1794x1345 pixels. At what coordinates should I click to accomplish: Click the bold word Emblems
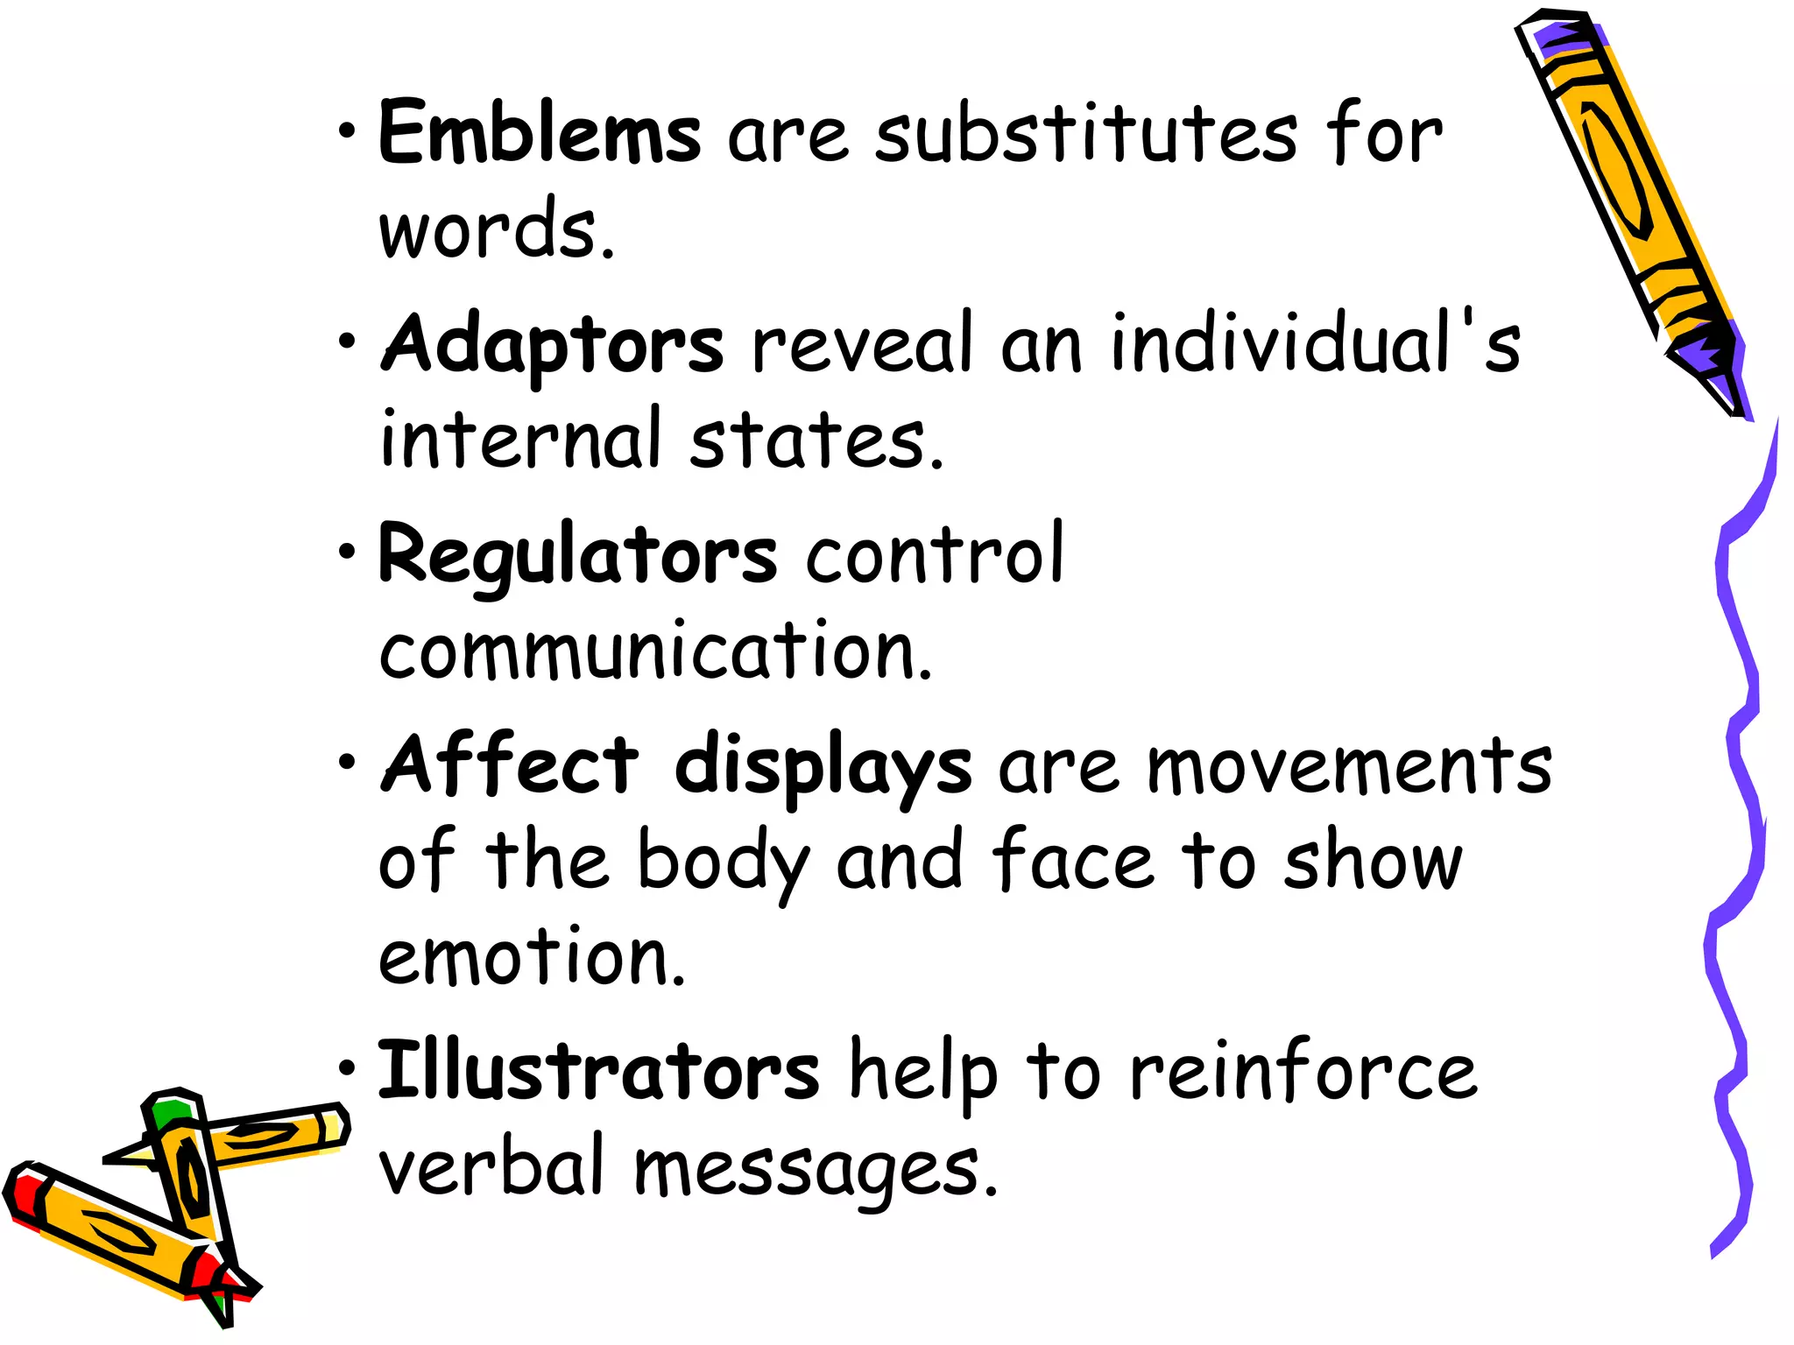[540, 133]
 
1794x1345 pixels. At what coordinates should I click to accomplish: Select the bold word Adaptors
[553, 345]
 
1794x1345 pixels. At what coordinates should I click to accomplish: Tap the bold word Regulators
[577, 555]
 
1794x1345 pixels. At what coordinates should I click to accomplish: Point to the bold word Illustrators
[598, 1072]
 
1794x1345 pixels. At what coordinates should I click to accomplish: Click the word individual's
[1315, 343]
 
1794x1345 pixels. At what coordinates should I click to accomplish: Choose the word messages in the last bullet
[816, 1170]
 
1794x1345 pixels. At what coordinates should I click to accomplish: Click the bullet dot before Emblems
[348, 131]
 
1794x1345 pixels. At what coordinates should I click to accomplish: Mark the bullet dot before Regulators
[348, 553]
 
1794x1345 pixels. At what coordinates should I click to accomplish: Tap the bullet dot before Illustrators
[348, 1069]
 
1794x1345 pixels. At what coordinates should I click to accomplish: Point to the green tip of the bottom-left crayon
[168, 1114]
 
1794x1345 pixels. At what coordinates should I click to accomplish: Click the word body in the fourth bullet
[724, 862]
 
